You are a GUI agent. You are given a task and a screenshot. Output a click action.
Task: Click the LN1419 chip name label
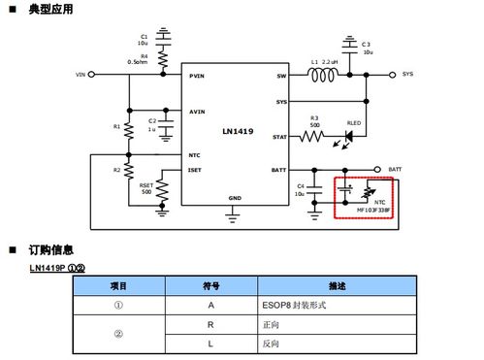(x=237, y=129)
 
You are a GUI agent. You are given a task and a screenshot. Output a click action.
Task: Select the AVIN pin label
(x=197, y=112)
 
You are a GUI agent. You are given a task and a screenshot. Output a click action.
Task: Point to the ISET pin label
(x=195, y=170)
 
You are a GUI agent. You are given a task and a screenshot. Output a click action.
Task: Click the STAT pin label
(x=279, y=138)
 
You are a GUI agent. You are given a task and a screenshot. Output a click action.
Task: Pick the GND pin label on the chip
(x=235, y=198)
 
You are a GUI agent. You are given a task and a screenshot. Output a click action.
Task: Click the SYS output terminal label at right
(x=407, y=74)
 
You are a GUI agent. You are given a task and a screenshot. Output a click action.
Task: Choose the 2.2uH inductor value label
(x=330, y=62)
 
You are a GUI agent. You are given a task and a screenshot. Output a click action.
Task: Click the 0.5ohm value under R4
(x=138, y=62)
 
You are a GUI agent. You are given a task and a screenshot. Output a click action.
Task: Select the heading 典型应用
(x=48, y=10)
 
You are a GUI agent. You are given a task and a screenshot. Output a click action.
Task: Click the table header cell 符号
(x=210, y=286)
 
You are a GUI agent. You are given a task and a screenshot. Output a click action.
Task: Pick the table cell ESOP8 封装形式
(x=296, y=304)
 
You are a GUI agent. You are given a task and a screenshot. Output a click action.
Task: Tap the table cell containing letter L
(x=210, y=344)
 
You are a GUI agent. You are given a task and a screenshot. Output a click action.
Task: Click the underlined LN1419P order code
(x=48, y=267)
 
